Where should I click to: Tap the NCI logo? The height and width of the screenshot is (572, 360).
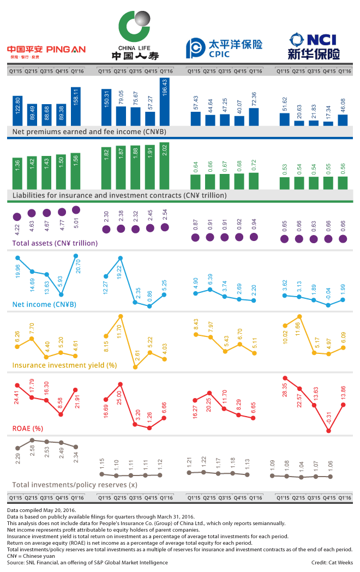coord(313,46)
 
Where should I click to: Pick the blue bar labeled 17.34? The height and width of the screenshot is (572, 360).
coord(328,123)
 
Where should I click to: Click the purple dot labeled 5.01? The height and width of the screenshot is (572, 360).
coord(76,210)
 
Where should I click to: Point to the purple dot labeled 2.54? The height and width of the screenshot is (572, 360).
coord(165,227)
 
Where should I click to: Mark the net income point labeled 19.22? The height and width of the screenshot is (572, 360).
coord(121,258)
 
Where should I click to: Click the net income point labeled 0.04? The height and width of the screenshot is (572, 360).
coord(328,305)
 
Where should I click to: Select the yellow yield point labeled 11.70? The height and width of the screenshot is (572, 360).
coord(121,316)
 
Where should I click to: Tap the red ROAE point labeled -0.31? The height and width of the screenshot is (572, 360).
coord(328,431)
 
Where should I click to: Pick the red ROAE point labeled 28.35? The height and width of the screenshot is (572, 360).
coord(284,377)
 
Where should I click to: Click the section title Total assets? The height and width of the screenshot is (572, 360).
coord(55,243)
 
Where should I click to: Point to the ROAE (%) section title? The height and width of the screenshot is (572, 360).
coord(29,428)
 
